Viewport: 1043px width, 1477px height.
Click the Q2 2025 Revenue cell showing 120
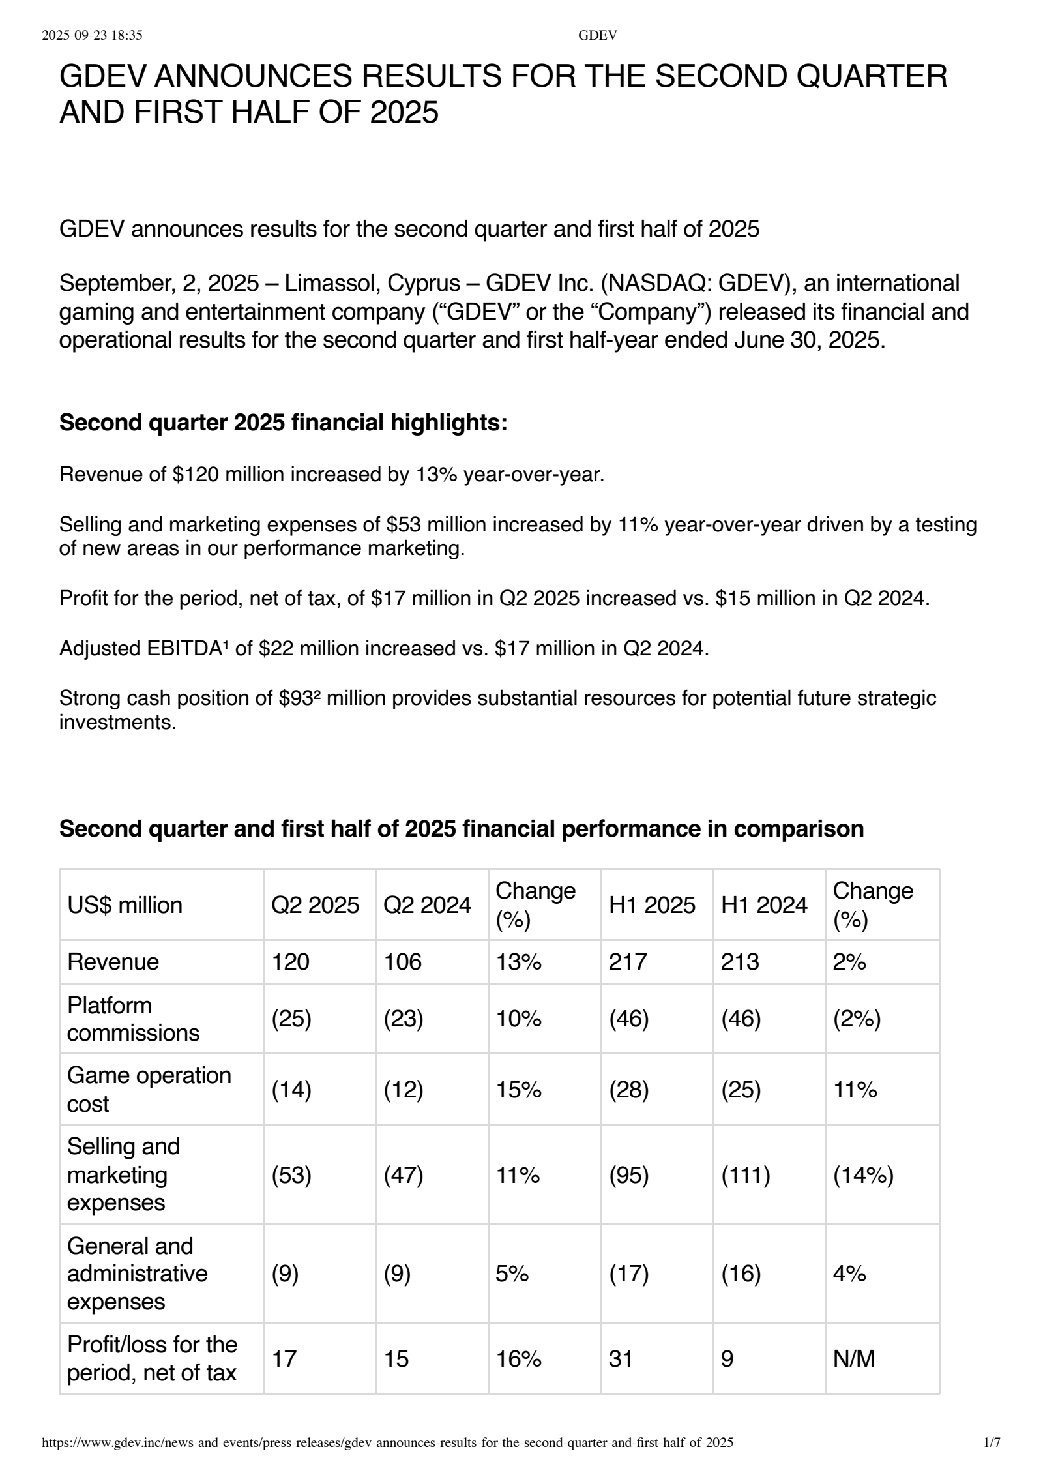point(290,962)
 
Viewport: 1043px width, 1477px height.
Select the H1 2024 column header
point(764,905)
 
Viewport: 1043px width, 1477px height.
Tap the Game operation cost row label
point(149,1090)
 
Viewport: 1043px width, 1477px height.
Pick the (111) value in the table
point(745,1175)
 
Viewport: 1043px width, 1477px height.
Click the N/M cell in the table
point(853,1359)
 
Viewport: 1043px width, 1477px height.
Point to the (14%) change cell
point(863,1175)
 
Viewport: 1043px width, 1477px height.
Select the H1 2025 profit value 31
point(620,1359)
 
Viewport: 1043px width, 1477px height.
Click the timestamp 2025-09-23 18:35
point(92,36)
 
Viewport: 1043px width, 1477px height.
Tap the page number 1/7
point(992,1461)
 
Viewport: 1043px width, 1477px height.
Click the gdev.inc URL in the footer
point(387,1461)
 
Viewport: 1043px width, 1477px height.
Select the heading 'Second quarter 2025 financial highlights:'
point(283,423)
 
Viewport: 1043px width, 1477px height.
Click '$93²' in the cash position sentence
point(299,698)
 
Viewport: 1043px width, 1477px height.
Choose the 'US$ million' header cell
point(125,905)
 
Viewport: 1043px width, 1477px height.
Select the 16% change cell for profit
point(518,1359)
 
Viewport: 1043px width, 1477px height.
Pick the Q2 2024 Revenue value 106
point(402,962)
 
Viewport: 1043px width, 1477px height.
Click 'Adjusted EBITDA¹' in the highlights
point(144,648)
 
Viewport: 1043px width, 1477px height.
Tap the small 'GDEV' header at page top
point(597,36)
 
